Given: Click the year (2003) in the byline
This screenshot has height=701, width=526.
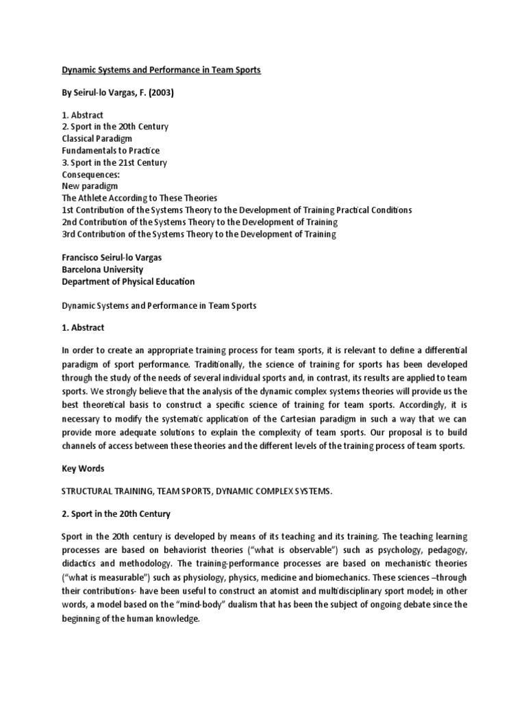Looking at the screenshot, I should click(x=160, y=93).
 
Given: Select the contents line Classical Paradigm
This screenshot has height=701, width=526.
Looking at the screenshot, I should click(x=98, y=139).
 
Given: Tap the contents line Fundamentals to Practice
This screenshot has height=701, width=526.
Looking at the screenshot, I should click(x=110, y=151).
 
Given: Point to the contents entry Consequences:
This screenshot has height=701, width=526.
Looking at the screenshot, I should click(x=91, y=174).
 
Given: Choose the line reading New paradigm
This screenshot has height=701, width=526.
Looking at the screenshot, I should click(x=90, y=186).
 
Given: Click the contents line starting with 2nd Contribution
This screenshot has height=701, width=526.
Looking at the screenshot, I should click(x=199, y=222).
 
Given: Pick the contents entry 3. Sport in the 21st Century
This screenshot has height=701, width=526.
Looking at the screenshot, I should click(x=114, y=162).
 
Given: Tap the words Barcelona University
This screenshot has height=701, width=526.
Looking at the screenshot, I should click(x=102, y=270).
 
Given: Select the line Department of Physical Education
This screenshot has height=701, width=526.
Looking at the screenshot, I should click(x=128, y=281).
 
